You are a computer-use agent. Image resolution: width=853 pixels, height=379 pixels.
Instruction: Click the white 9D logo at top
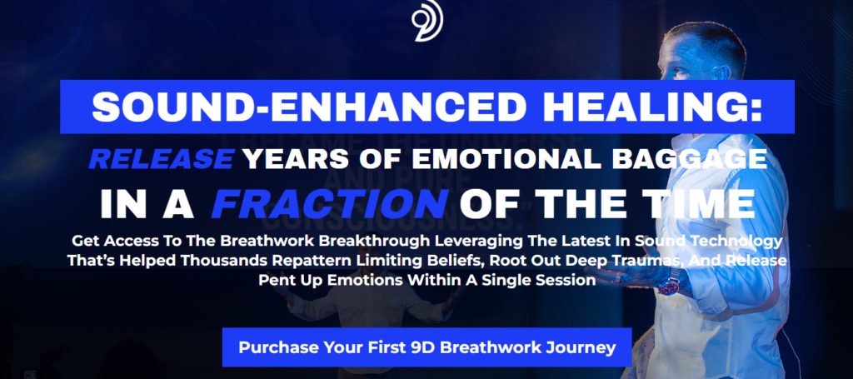tap(427, 20)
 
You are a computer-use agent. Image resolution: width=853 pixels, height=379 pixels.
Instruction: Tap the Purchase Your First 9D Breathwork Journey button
tap(427, 347)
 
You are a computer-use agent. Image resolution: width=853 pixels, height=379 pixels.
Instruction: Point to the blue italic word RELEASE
tap(161, 159)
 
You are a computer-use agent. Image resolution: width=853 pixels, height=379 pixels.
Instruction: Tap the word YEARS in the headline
tap(292, 159)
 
